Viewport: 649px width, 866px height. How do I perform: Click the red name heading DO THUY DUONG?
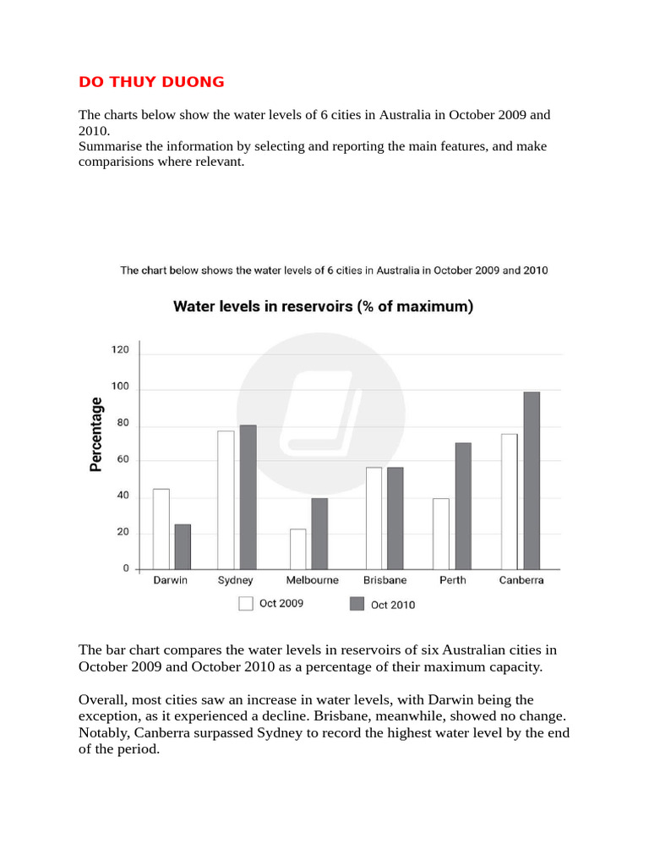click(x=151, y=82)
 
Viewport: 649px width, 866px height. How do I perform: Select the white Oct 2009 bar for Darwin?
click(x=161, y=529)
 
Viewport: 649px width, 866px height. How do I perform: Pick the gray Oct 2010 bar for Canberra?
click(x=531, y=480)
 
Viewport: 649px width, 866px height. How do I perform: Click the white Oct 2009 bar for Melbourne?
click(x=298, y=549)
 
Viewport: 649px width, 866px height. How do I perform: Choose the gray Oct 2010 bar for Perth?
click(x=463, y=506)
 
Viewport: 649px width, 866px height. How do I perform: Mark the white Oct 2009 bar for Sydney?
click(x=226, y=500)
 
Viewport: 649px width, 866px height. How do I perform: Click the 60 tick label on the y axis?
click(x=123, y=460)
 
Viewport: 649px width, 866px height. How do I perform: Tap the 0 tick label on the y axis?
click(x=126, y=568)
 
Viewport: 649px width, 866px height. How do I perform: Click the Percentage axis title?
click(x=96, y=435)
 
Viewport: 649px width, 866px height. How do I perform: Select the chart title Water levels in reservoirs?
click(x=323, y=307)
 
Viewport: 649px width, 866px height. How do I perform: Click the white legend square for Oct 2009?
click(x=246, y=604)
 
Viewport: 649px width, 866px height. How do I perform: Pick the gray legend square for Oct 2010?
click(x=357, y=604)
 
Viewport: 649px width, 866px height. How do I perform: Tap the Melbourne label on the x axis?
click(x=312, y=581)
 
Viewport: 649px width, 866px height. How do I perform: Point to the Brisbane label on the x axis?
click(x=384, y=581)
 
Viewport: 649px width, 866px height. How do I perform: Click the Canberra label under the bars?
click(x=521, y=581)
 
